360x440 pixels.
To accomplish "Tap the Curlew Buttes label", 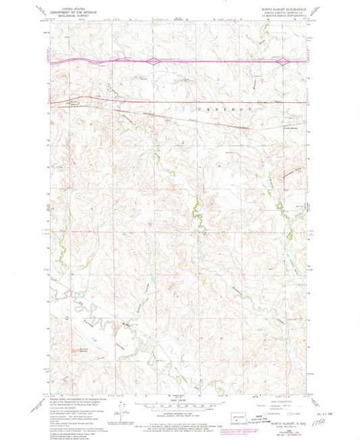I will [78, 349].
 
